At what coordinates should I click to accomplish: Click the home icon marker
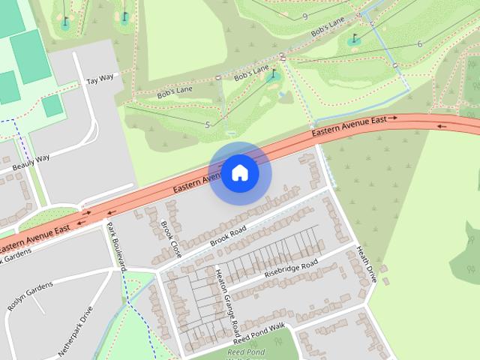(239, 172)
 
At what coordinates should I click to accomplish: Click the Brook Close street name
(170, 238)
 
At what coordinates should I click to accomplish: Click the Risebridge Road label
(291, 268)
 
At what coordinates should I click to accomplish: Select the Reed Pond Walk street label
(259, 331)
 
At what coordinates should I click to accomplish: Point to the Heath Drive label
(365, 263)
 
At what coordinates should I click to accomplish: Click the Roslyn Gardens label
(31, 295)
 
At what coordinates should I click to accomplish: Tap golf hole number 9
(305, 16)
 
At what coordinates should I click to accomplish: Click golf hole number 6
(419, 44)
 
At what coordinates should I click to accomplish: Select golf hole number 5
(207, 123)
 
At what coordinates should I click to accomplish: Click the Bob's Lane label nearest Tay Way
(174, 92)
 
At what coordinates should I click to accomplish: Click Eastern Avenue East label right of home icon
(354, 126)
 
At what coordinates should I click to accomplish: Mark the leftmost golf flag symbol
(65, 21)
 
